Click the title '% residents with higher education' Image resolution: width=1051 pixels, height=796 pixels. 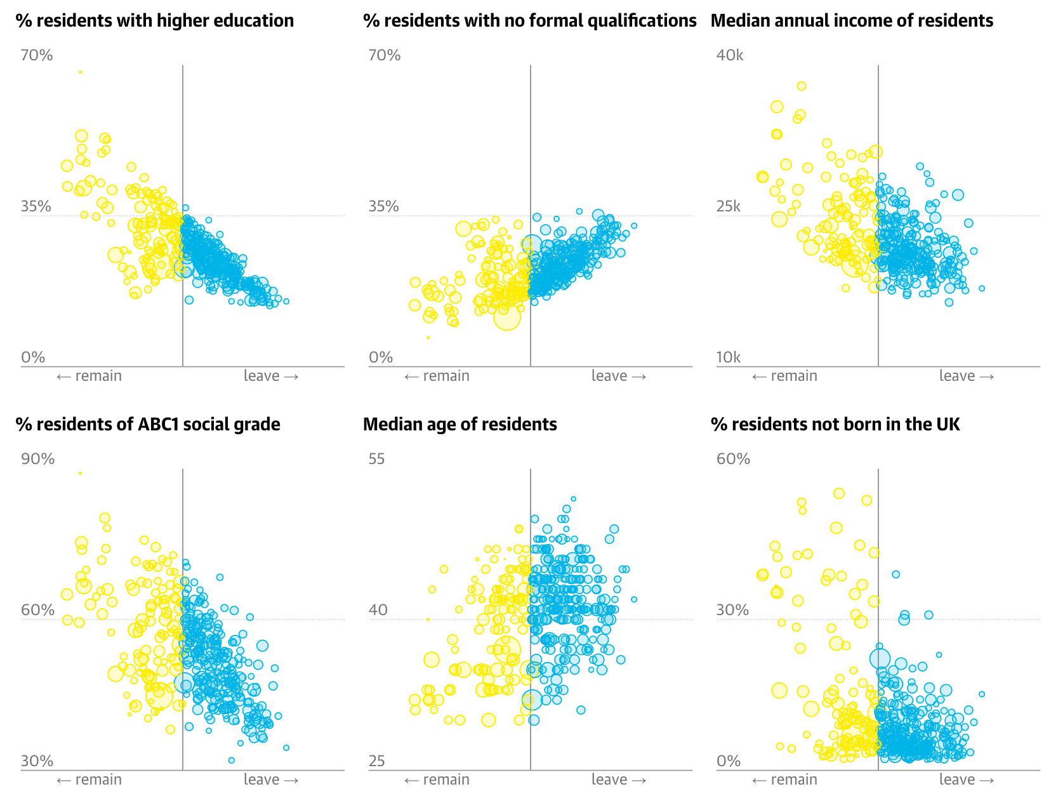click(x=155, y=21)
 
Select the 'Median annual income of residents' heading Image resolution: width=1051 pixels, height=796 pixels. click(x=852, y=21)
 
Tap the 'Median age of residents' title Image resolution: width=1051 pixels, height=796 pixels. click(x=459, y=425)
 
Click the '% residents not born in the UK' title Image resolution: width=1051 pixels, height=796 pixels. click(x=835, y=425)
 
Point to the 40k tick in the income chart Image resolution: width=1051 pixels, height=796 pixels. click(x=729, y=56)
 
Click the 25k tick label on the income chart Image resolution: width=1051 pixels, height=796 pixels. click(x=728, y=207)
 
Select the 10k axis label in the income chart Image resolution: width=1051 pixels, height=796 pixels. click(x=728, y=358)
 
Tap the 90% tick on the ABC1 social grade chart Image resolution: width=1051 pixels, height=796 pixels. click(x=37, y=460)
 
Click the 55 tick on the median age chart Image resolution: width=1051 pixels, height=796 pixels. click(x=376, y=460)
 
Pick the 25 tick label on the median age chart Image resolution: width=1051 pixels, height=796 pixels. click(x=376, y=761)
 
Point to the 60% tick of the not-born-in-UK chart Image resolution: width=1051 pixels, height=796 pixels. click(x=733, y=460)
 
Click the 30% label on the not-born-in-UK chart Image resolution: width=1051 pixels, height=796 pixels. click(x=732, y=611)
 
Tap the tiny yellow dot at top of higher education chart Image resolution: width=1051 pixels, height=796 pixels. click(x=80, y=72)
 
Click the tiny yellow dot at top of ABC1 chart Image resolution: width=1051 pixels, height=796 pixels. click(x=80, y=474)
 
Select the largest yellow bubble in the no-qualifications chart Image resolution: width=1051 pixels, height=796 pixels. click(x=507, y=316)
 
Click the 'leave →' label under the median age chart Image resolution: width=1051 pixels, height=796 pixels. click(x=618, y=780)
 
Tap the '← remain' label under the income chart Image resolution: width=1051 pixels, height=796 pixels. click(x=784, y=376)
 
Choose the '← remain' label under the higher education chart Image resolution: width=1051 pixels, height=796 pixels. click(x=89, y=376)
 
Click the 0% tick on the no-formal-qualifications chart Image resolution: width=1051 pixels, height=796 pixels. click(x=381, y=358)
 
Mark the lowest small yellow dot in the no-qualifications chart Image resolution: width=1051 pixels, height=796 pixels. click(x=428, y=338)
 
